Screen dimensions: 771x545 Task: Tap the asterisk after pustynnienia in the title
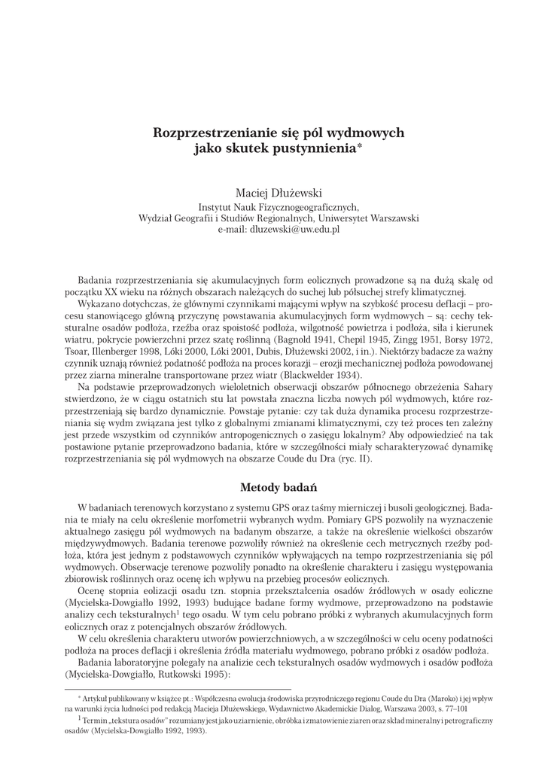click(360, 147)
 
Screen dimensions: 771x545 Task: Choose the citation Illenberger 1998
click(125, 351)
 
